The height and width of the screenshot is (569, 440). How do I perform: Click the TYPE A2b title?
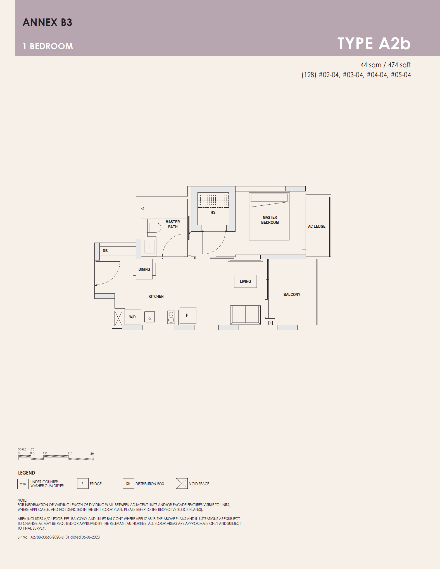point(374,44)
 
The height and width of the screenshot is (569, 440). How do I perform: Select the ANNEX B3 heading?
point(47,22)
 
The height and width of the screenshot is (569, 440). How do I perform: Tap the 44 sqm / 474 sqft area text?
point(386,65)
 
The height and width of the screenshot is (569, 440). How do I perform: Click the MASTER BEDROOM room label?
point(270,220)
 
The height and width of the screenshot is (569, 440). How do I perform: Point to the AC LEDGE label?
point(317,226)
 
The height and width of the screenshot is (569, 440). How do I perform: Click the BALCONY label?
point(292,295)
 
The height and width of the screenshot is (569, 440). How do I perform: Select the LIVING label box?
point(245,281)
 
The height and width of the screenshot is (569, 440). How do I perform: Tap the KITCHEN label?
point(156,297)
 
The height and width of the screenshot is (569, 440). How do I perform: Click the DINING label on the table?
point(144,269)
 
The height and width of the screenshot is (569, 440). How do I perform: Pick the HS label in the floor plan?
point(213,212)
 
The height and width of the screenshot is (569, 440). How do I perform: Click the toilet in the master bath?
point(154,227)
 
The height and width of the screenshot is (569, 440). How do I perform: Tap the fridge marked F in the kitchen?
point(188,316)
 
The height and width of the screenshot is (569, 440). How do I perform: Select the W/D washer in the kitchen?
point(133,317)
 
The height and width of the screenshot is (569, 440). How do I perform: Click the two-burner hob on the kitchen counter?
point(171,317)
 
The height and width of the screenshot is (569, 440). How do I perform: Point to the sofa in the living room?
point(246,315)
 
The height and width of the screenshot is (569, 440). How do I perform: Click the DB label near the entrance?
point(105,251)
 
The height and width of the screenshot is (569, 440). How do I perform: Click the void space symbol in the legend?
point(182,483)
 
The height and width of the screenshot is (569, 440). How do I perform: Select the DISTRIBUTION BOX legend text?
point(150,484)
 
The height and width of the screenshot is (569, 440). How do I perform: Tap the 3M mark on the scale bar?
point(92,454)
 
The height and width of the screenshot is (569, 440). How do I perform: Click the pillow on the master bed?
point(269,198)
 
